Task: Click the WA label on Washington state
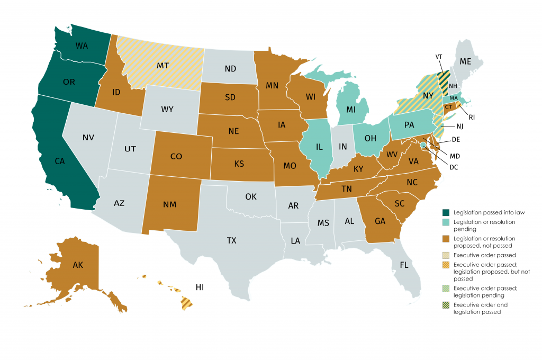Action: pyautogui.click(x=82, y=46)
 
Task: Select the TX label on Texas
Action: pyautogui.click(x=231, y=240)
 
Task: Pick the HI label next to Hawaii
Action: pyautogui.click(x=200, y=287)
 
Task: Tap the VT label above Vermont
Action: pyautogui.click(x=439, y=57)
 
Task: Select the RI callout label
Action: pyautogui.click(x=472, y=118)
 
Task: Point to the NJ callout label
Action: pyautogui.click(x=463, y=127)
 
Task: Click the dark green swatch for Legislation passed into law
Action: pyautogui.click(x=446, y=212)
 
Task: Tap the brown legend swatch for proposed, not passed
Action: pyautogui.click(x=446, y=239)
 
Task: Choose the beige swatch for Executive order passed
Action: pyautogui.click(x=446, y=256)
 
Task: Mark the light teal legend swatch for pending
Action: pyautogui.click(x=446, y=222)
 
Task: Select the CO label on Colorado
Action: pyautogui.click(x=177, y=157)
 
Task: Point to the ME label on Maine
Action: pyautogui.click(x=465, y=61)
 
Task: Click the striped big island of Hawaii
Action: pyautogui.click(x=187, y=303)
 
